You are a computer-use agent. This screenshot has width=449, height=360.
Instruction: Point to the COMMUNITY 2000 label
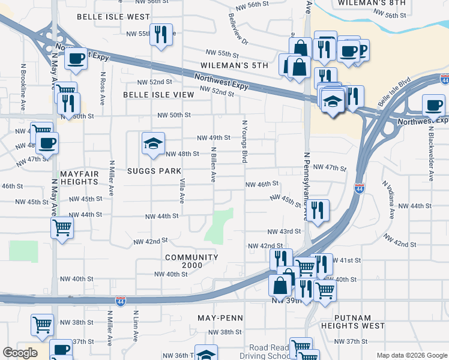[x=191, y=262]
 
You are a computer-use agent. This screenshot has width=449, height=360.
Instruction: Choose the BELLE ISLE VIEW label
[x=158, y=95]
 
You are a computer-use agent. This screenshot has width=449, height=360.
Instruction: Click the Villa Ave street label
[x=181, y=190]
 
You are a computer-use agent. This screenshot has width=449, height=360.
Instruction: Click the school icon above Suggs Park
[x=153, y=143]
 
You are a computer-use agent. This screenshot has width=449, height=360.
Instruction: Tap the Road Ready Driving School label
[x=269, y=352]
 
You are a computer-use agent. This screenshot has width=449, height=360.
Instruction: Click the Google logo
[x=20, y=353]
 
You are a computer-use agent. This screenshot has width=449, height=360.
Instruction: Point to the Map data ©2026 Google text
[x=411, y=355]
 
